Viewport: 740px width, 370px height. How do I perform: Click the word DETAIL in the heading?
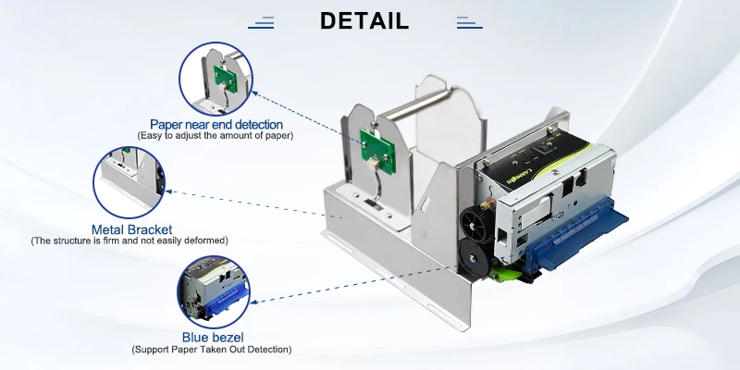tap(364, 21)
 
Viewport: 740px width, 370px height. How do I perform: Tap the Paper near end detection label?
tap(216, 124)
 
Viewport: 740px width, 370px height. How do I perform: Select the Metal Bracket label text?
tap(131, 229)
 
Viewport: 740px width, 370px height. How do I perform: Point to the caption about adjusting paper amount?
tap(216, 136)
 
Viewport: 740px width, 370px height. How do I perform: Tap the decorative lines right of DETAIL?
tap(469, 22)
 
